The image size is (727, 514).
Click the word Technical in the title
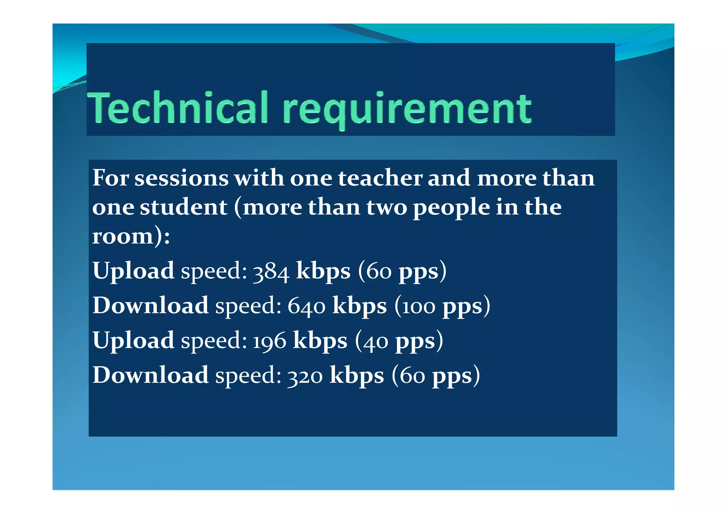click(x=177, y=107)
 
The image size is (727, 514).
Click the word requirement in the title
click(x=407, y=108)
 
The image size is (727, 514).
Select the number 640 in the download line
click(x=306, y=306)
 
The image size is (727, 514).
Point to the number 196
click(x=269, y=341)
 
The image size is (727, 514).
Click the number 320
click(x=305, y=376)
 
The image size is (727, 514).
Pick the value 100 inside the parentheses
click(x=419, y=306)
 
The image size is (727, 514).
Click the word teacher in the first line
click(x=380, y=178)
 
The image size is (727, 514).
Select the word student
click(x=184, y=207)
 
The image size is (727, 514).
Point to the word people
click(x=451, y=208)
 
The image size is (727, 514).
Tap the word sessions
click(x=181, y=178)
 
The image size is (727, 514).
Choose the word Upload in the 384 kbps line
click(x=133, y=272)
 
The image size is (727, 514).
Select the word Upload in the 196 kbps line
click(x=133, y=341)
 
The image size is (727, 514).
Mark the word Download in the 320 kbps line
click(x=151, y=375)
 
